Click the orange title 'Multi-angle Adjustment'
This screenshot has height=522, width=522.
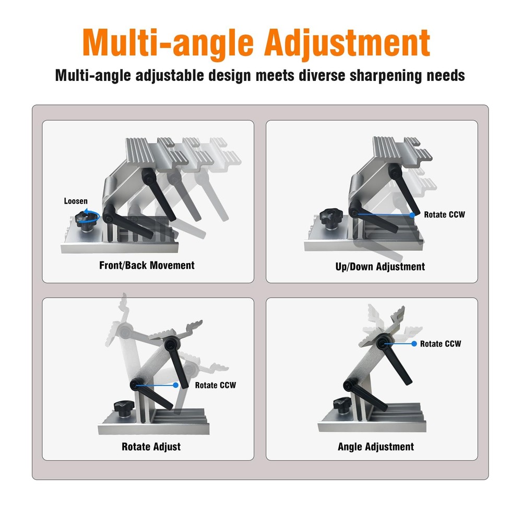[x=256, y=43]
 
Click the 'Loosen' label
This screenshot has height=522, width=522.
[x=76, y=201]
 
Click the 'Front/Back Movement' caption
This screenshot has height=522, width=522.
[x=147, y=265]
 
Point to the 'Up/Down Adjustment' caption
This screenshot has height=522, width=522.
[x=380, y=267]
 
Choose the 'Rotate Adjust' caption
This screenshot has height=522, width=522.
[x=151, y=446]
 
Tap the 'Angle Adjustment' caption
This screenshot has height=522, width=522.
[x=376, y=447]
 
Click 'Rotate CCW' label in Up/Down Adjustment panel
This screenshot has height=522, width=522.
[x=444, y=215]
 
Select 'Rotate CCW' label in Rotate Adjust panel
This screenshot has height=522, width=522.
[x=216, y=385]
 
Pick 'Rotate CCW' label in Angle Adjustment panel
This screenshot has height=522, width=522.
[x=441, y=343]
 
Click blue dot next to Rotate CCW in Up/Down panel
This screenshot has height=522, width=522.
[x=412, y=215]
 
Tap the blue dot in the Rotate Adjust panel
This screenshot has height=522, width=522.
[x=175, y=385]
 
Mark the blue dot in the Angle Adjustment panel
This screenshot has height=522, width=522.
[x=414, y=343]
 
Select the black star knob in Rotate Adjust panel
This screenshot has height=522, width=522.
[x=124, y=408]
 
